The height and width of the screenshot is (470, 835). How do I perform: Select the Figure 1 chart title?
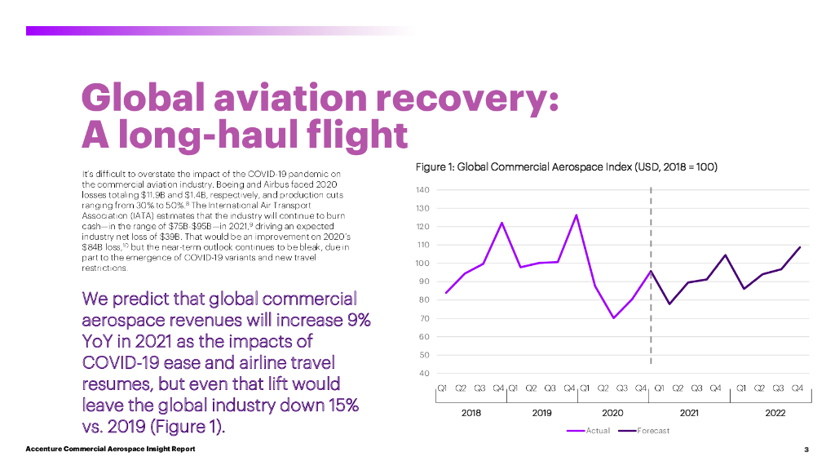click(566, 166)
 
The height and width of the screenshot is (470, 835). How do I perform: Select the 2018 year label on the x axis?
click(471, 413)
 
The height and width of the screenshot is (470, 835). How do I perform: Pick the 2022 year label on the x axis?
click(775, 413)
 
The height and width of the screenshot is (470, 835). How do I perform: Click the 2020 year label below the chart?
click(612, 413)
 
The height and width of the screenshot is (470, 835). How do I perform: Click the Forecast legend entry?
click(653, 431)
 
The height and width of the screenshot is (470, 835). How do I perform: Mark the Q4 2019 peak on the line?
click(577, 215)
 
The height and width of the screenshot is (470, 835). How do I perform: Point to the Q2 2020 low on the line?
click(613, 317)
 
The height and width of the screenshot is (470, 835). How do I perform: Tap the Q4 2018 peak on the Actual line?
click(501, 223)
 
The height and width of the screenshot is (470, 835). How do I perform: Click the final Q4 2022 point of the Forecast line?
click(800, 247)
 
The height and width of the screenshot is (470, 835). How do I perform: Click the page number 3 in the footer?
click(806, 450)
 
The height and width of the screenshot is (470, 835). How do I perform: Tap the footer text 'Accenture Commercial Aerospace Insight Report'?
click(110, 450)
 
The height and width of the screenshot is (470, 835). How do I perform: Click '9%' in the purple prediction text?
click(356, 319)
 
